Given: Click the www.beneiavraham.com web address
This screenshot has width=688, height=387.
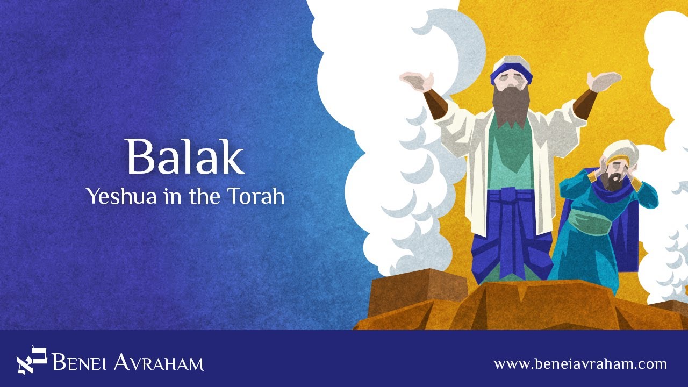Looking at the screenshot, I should point(580,364).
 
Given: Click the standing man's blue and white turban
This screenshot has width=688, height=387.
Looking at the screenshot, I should point(511,70).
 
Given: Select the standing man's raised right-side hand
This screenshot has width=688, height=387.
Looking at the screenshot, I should point(603,81).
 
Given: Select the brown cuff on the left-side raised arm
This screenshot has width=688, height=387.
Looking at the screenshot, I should point(435,104).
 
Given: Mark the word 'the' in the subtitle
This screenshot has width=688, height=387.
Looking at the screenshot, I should point(206,197).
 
